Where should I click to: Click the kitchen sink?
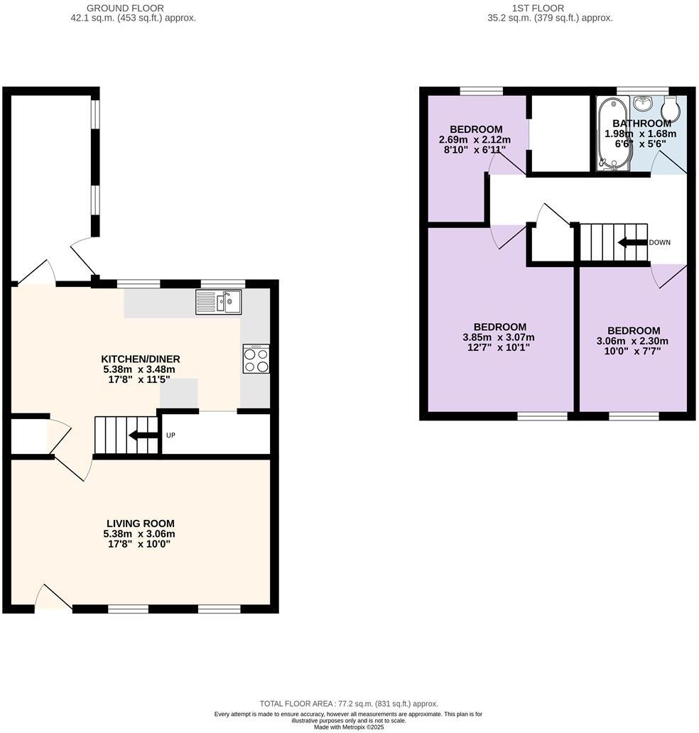pos(219,302)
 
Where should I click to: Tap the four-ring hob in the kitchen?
pos(256,358)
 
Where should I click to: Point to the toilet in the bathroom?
pos(671,110)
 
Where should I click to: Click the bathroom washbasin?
pos(643,104)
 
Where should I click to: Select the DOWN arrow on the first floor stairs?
pos(632,243)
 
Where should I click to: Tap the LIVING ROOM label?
pos(139,523)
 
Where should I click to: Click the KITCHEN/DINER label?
pos(139,359)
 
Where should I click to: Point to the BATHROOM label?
pos(641,124)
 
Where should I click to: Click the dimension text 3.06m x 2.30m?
pos(633,341)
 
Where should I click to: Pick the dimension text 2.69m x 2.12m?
pos(475,140)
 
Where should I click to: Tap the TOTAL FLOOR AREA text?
pos(348,703)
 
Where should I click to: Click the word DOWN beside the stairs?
pos(659,243)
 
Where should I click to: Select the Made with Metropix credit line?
pos(348,727)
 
